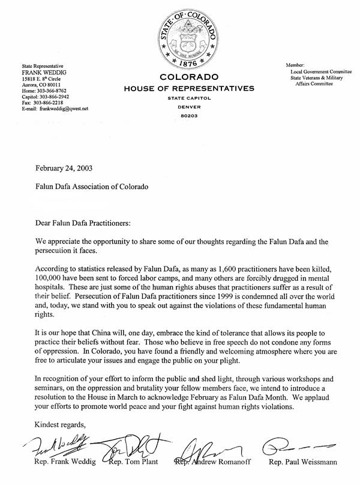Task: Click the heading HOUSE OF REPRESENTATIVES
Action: point(189,89)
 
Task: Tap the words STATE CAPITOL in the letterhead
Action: point(189,98)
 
